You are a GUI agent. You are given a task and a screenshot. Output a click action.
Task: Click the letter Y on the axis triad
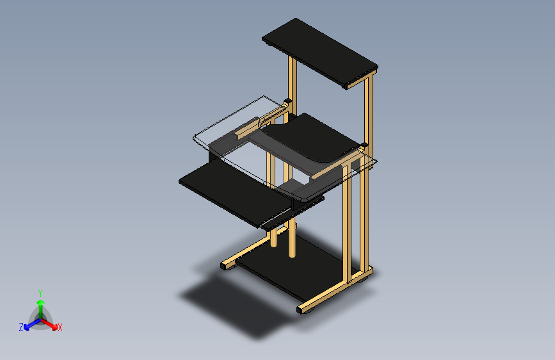pos(40,293)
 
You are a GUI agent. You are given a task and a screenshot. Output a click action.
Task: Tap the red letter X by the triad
pos(60,327)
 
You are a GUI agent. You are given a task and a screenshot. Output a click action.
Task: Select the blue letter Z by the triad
pos(21,327)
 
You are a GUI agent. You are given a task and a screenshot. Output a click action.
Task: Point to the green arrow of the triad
pos(41,309)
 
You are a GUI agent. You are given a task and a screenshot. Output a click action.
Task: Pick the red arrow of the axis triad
pos(49,324)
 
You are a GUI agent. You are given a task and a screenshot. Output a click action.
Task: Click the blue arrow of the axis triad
pos(33,324)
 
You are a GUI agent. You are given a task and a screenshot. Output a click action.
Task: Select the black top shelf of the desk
pos(320,53)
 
